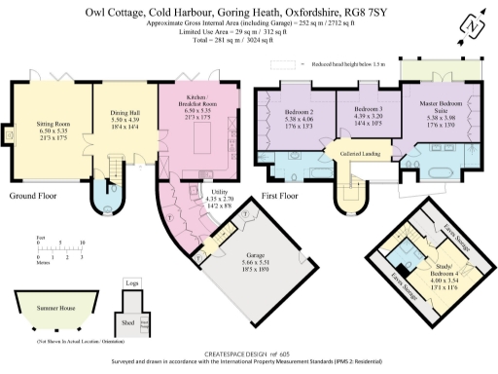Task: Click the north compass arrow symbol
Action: pos(474,24)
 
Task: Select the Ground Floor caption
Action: pos(32,196)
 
